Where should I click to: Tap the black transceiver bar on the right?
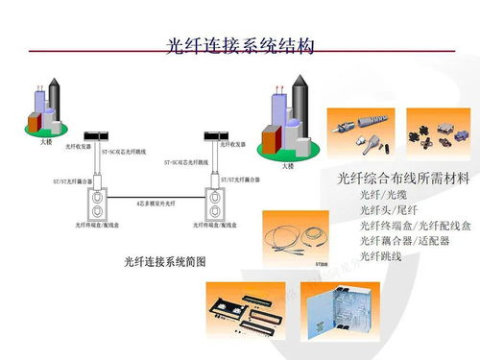click(217, 134)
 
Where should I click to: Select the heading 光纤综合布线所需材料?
click(402, 178)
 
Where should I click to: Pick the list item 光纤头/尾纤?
click(386, 210)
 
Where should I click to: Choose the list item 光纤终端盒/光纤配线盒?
click(415, 226)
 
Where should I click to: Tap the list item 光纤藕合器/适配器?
click(404, 241)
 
